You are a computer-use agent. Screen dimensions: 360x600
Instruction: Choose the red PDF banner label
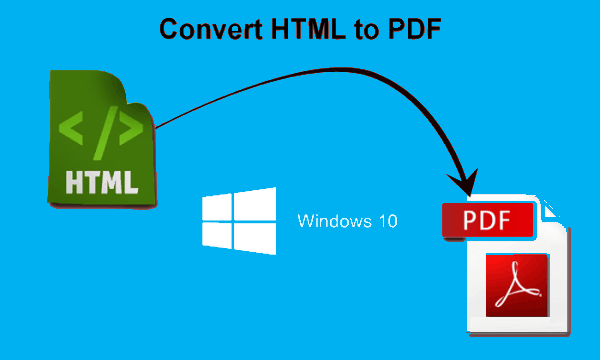click(487, 219)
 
